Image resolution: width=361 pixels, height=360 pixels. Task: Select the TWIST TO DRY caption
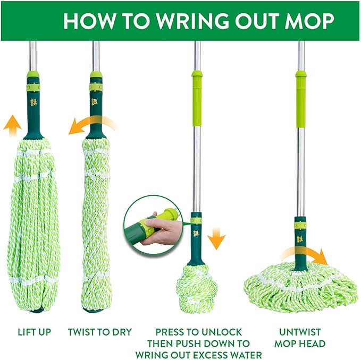pyautogui.click(x=99, y=332)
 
